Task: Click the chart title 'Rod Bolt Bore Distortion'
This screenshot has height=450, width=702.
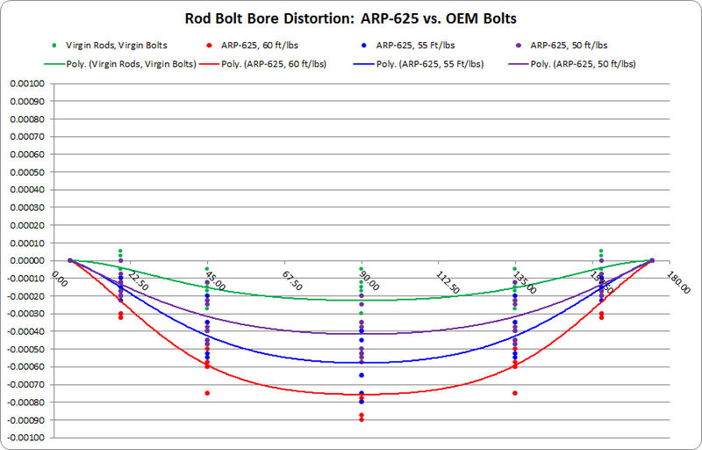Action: click(351, 18)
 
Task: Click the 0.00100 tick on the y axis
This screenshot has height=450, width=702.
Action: click(27, 84)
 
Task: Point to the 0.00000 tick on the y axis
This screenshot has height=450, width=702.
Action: click(27, 261)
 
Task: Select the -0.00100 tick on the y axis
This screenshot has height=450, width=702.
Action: click(26, 438)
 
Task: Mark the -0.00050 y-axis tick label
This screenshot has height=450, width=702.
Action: click(26, 349)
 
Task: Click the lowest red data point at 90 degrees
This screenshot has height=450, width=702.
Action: click(361, 420)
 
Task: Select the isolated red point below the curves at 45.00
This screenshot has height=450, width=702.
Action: click(207, 393)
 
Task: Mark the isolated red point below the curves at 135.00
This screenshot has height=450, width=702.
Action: click(515, 393)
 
